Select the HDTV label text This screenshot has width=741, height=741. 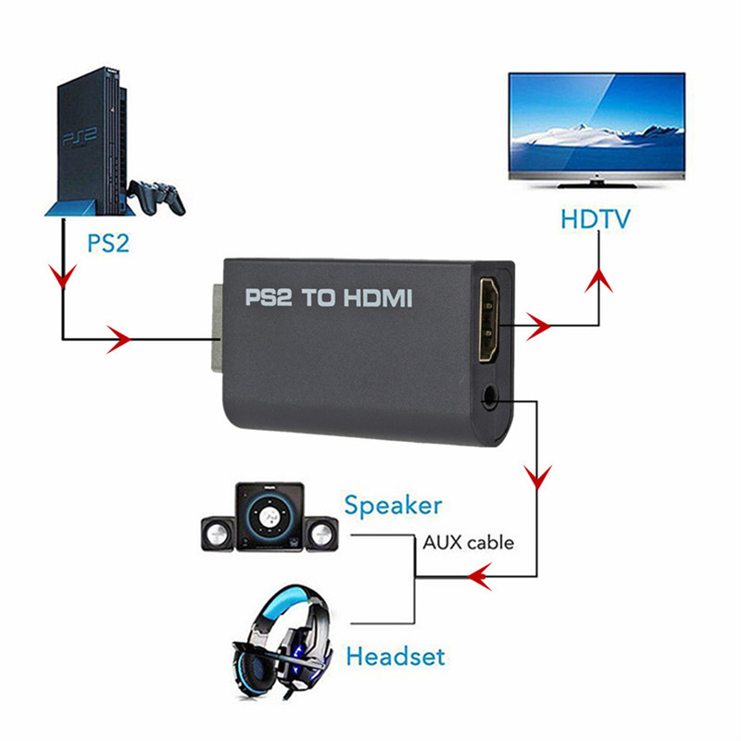595,220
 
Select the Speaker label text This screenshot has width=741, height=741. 393,506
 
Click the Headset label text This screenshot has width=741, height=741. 395,657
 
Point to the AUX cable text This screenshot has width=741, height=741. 468,543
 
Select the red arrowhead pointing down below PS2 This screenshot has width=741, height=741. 63,277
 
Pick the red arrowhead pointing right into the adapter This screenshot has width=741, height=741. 118,339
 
